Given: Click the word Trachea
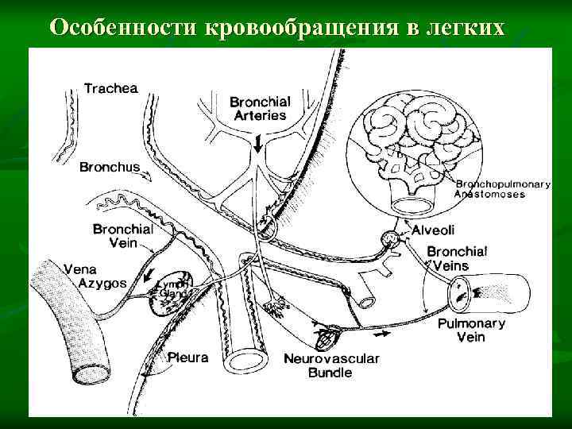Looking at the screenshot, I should [x=111, y=89].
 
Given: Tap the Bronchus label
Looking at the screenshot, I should [x=110, y=168].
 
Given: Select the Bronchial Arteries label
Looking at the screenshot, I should [x=260, y=108].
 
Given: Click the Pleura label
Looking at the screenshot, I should [x=187, y=357].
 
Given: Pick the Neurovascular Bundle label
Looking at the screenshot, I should [x=331, y=366].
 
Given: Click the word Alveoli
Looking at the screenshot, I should [x=433, y=230].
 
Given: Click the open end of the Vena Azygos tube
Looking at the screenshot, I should [x=87, y=370].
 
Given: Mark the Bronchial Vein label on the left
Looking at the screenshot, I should [x=123, y=235].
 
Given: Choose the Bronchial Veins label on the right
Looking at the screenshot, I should [x=457, y=258].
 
